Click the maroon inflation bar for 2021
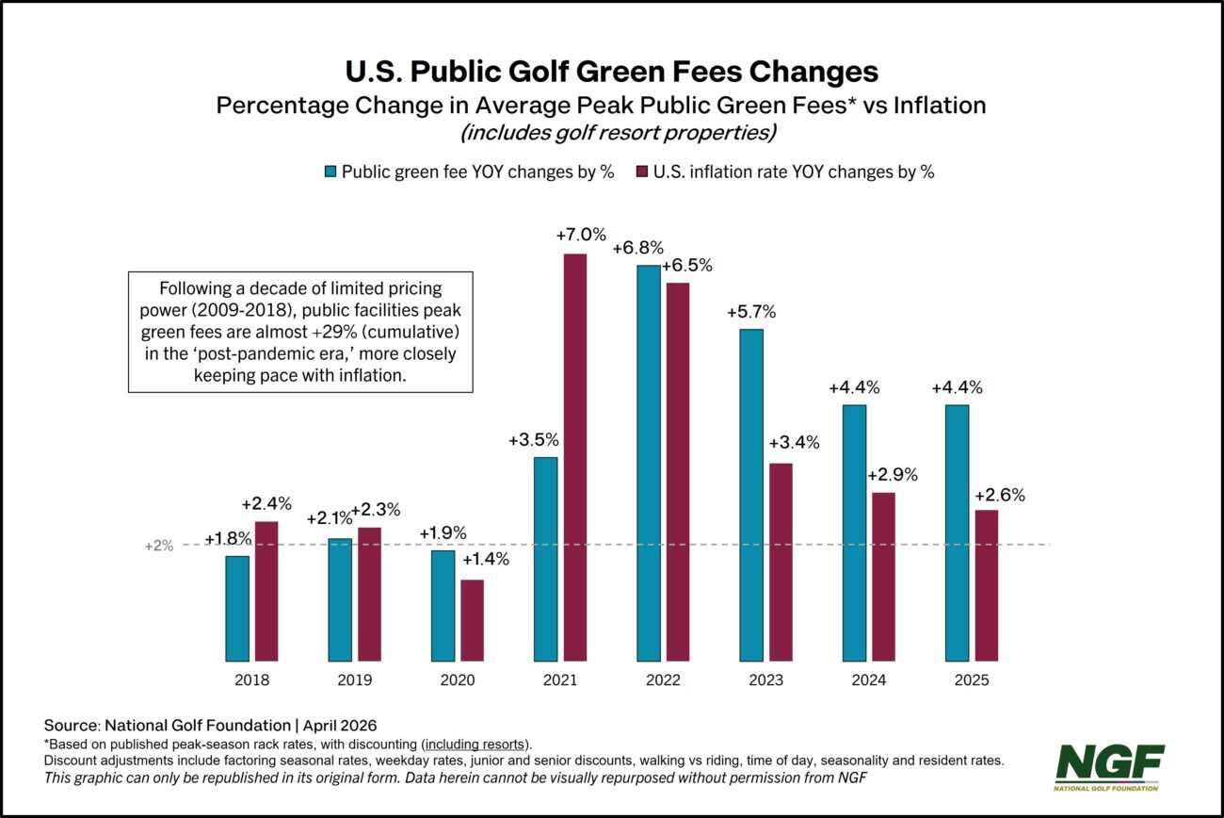[x=574, y=458]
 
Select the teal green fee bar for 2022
[x=649, y=464]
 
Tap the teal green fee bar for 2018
[x=237, y=609]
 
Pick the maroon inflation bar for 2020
[x=472, y=620]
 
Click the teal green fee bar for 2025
[x=957, y=533]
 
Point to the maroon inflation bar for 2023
[x=781, y=563]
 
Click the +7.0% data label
[x=581, y=235]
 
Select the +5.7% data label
[x=750, y=312]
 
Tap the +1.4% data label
[x=485, y=560]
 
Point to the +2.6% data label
[x=999, y=494]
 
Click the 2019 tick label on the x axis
[x=355, y=680]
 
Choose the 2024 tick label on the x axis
[x=869, y=680]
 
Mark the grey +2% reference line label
[x=159, y=546]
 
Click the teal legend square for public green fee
[x=330, y=172]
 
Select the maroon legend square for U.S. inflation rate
[x=644, y=172]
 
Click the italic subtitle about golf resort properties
[x=618, y=133]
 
